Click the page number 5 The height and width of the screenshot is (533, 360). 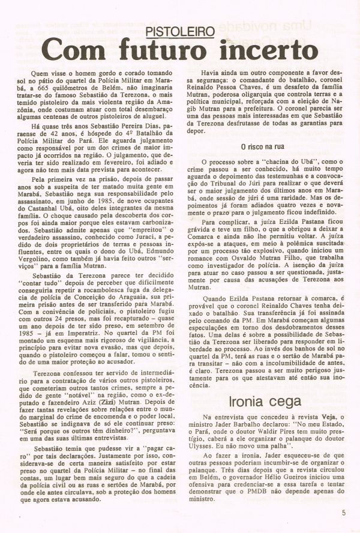344,513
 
